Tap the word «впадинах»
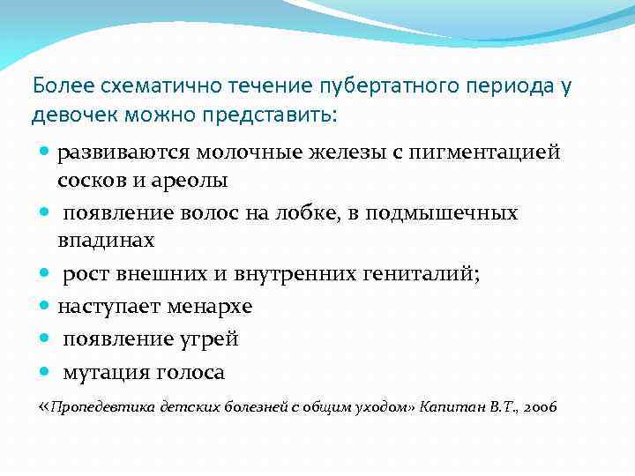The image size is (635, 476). [x=106, y=241]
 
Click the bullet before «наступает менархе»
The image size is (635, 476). [x=44, y=307]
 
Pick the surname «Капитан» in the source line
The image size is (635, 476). [x=447, y=407]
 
